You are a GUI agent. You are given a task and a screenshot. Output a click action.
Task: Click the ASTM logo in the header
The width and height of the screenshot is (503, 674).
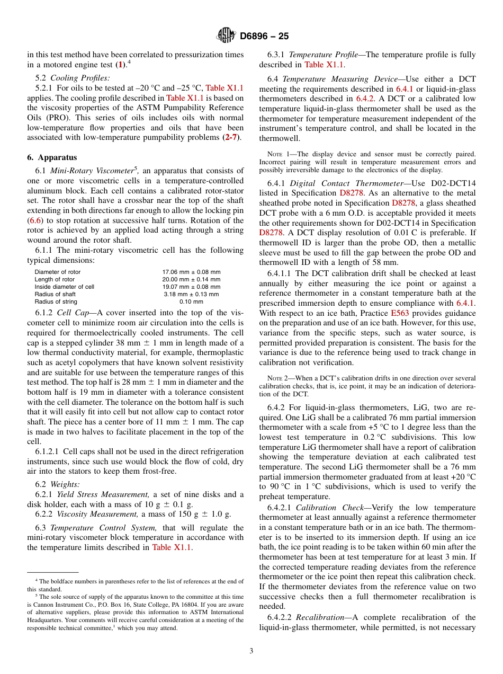226,36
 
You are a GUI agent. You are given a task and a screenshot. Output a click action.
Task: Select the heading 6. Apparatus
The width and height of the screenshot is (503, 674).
52,157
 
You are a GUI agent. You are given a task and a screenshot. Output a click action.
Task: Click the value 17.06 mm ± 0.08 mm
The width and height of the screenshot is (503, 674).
191,272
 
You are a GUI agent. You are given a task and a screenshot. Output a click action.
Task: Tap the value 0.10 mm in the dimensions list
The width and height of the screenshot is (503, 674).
191,301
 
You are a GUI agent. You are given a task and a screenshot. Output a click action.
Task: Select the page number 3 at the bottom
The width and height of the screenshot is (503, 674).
251,651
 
